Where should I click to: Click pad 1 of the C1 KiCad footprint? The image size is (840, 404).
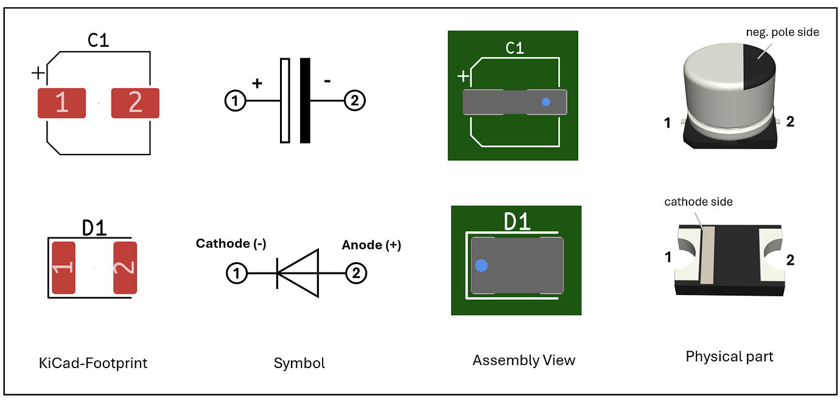click(61, 103)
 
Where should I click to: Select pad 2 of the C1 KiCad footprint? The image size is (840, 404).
click(135, 103)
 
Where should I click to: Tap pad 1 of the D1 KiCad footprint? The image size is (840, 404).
click(63, 268)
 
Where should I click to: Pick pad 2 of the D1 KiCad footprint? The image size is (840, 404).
click(125, 268)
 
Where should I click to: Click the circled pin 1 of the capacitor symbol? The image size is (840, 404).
click(235, 101)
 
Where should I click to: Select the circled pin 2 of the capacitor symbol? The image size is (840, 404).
click(355, 101)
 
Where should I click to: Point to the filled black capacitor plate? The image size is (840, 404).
click(305, 100)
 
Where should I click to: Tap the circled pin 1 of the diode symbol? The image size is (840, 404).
click(237, 274)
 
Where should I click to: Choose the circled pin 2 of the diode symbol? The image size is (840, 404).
click(356, 274)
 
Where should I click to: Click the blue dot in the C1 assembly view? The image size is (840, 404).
click(546, 102)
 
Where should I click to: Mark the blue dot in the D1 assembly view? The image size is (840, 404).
click(481, 265)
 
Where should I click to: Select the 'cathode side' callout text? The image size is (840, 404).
click(698, 201)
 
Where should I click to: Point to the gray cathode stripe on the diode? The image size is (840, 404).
click(706, 256)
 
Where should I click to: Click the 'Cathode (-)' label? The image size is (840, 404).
click(231, 244)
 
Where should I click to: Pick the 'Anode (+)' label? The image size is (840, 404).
click(371, 245)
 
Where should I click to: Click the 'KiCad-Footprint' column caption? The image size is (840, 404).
click(93, 363)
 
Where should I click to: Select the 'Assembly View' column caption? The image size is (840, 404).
click(523, 360)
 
